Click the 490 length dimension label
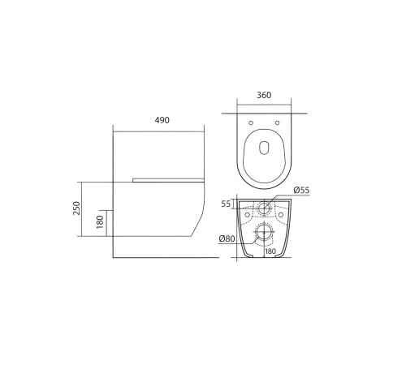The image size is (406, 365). click(x=162, y=120)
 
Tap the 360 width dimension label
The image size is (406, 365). click(x=264, y=94)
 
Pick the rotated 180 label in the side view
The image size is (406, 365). click(x=101, y=221)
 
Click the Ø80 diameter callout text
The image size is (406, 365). click(x=227, y=238)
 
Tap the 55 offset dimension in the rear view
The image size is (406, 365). click(x=227, y=204)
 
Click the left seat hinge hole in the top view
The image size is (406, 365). click(x=251, y=122)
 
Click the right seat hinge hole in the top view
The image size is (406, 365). click(x=277, y=122)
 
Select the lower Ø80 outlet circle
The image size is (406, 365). click(x=264, y=233)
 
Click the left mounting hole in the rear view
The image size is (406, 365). click(x=247, y=215)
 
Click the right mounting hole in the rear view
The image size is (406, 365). click(x=281, y=215)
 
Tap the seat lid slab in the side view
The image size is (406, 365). click(x=166, y=178)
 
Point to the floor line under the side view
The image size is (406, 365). click(x=162, y=257)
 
